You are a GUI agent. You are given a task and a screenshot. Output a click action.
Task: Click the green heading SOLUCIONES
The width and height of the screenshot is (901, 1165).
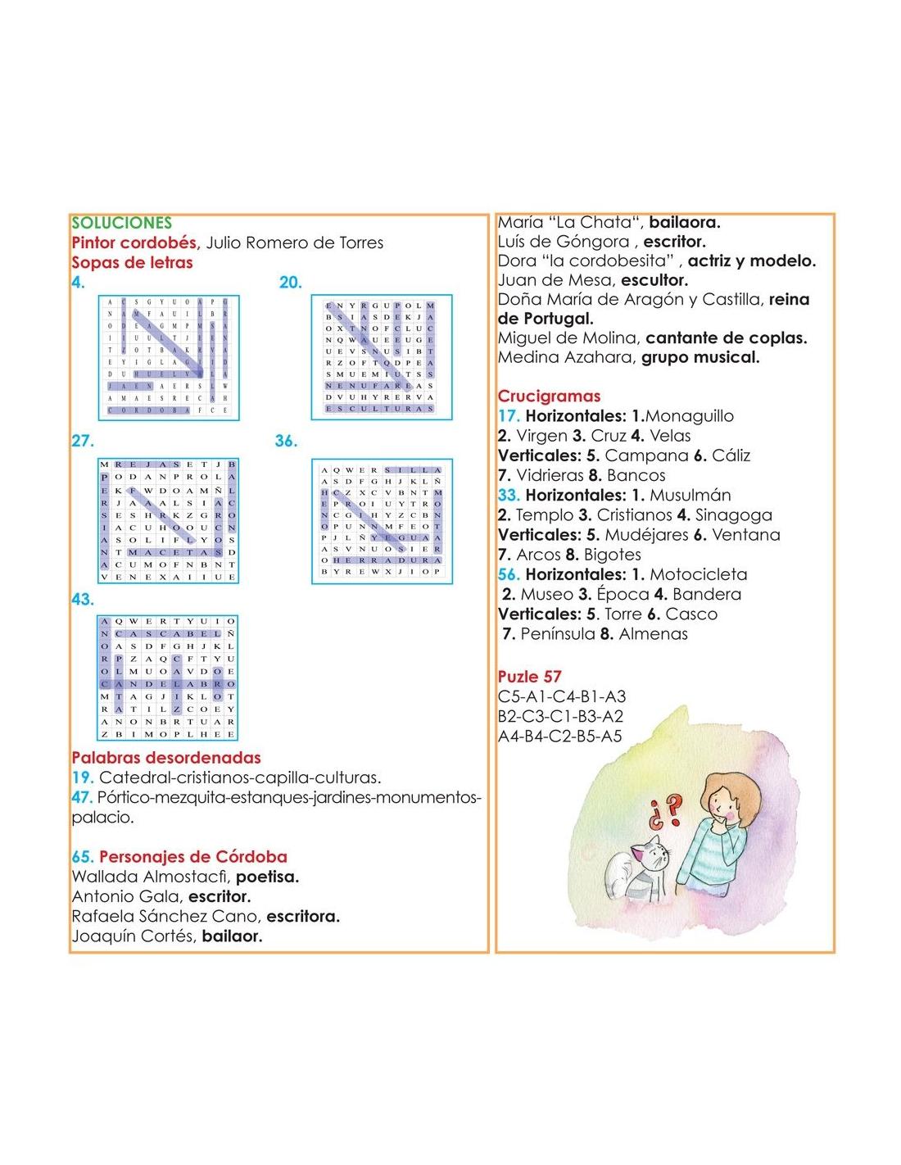(121, 223)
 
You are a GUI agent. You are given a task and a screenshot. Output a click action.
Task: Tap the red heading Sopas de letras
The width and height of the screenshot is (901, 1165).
(132, 263)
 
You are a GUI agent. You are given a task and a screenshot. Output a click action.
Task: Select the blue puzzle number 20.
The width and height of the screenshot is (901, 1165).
(291, 283)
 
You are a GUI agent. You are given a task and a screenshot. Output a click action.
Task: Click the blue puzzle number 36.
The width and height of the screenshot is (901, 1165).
(286, 441)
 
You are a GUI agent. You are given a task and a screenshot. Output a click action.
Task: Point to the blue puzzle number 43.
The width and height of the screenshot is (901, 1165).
(83, 600)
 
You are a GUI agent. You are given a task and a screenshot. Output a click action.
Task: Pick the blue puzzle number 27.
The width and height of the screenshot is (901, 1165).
(83, 441)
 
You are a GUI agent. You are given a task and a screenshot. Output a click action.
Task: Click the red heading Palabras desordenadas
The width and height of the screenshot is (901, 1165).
(165, 758)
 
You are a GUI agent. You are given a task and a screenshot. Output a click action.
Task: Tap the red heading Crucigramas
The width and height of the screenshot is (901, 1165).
(549, 397)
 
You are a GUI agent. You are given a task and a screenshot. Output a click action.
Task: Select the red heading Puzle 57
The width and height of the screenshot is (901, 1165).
(529, 677)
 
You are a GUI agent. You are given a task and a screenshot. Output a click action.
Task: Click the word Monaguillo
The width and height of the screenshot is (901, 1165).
(690, 416)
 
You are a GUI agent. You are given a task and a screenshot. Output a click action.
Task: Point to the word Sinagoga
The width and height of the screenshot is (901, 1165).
(733, 515)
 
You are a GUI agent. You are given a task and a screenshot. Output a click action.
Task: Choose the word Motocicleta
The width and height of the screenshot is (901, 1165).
(698, 574)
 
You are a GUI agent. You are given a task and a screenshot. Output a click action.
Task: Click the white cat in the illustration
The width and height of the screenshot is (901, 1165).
(637, 872)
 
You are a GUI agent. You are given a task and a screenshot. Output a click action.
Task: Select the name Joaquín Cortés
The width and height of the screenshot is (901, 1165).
(133, 936)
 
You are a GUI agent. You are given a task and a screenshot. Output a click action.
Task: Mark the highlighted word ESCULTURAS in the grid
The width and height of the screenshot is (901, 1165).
(380, 408)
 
